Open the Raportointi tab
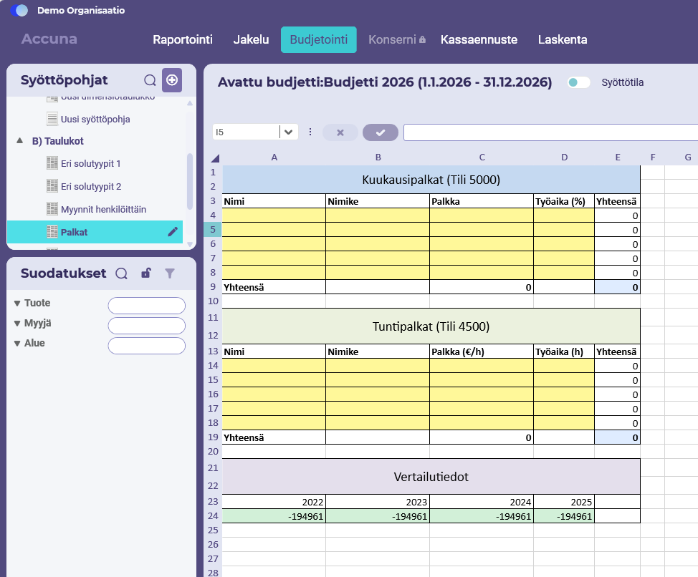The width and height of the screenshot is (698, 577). coord(183,39)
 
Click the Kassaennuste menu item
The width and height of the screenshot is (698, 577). coord(479,39)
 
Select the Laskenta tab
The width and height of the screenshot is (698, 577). coord(563,39)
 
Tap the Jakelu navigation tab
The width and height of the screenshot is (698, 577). coord(251,39)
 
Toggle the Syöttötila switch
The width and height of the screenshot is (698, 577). coord(579,82)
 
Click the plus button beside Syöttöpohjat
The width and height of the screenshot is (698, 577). coord(172,80)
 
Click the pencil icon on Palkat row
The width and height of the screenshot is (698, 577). coord(173,232)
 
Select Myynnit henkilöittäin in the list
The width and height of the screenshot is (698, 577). coord(103,209)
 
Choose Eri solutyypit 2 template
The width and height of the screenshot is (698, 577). coord(91,187)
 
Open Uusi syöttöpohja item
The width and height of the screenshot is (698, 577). coord(95,119)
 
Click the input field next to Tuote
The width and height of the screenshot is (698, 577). coord(146,306)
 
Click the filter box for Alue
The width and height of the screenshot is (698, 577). coord(146,346)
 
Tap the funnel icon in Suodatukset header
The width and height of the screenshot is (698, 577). coord(170,273)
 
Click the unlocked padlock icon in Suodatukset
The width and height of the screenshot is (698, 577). coord(146,273)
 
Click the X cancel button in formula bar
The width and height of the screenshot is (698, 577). coord(340,132)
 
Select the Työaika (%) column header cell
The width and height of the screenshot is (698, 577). coord(564,201)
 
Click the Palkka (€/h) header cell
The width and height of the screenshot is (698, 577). coord(481,351)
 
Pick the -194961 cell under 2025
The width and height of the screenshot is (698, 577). coord(564,516)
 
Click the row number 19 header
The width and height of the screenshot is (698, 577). coord(213,437)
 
